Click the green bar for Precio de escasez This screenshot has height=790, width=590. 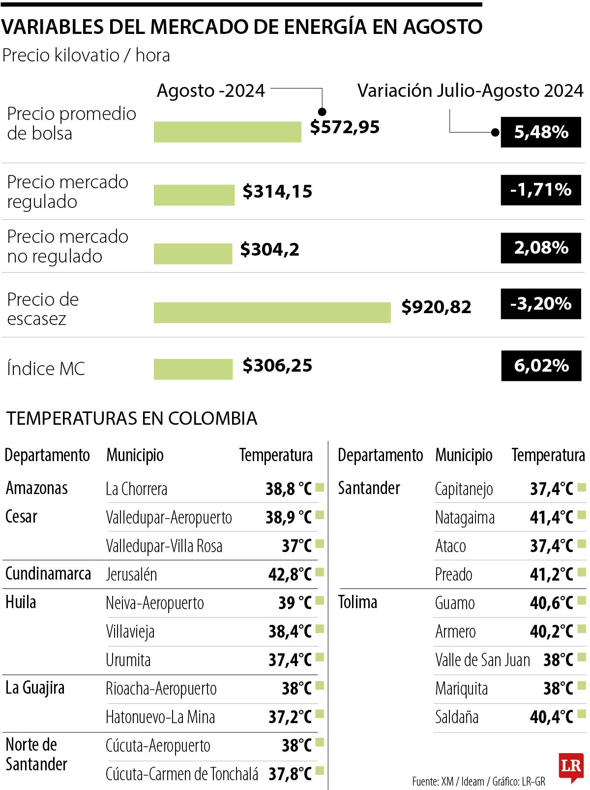point(272,313)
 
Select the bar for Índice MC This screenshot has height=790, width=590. point(193,369)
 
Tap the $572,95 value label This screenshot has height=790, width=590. point(345,127)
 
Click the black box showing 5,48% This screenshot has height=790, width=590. point(541,132)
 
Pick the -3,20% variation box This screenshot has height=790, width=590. point(541,304)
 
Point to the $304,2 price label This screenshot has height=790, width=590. point(269,250)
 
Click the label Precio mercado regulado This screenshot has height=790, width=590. point(67,192)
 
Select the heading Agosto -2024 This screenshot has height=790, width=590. point(210,91)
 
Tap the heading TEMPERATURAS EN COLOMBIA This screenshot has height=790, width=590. point(132,418)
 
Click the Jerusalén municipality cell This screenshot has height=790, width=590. point(131,574)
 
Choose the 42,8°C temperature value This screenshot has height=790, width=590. point(290,574)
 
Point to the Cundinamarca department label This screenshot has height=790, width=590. point(48,574)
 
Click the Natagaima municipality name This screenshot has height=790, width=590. point(465,518)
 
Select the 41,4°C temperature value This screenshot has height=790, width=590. point(551,517)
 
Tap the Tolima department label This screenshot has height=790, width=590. point(357,602)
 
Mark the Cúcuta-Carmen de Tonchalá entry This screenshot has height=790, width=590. point(182,774)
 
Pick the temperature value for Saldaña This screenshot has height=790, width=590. point(551,717)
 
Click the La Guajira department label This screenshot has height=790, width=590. point(35,688)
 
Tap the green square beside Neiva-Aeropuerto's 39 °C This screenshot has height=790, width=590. point(320,601)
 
